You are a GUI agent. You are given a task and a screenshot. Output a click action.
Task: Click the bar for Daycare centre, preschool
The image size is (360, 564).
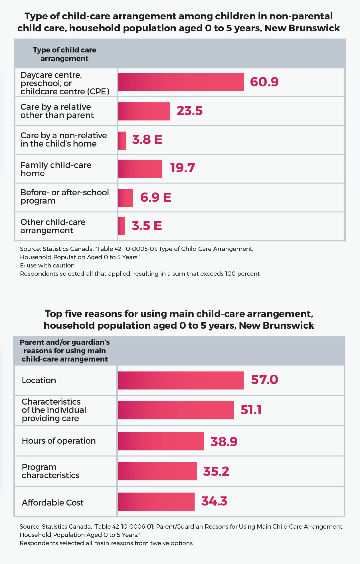pyautogui.click(x=181, y=82)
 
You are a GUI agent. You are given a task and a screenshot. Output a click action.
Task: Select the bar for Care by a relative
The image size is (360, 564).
pyautogui.click(x=144, y=111)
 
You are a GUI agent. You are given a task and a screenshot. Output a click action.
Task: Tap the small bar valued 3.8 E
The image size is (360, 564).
pyautogui.click(x=122, y=141)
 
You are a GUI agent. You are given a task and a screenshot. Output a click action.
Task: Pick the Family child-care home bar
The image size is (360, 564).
pyautogui.click(x=140, y=169)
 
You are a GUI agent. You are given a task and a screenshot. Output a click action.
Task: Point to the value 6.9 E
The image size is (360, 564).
pyautogui.click(x=155, y=197)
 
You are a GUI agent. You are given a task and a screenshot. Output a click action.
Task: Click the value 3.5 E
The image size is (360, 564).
pyautogui.click(x=147, y=226)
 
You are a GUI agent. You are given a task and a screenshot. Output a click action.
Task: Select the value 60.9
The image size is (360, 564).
pyautogui.click(x=264, y=82)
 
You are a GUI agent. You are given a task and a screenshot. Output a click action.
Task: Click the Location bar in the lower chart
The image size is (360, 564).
pyautogui.click(x=181, y=380)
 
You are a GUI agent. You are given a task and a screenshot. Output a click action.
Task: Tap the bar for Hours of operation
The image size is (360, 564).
pyautogui.click(x=161, y=441)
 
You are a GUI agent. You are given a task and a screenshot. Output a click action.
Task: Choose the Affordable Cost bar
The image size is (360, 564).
pyautogui.click(x=156, y=502)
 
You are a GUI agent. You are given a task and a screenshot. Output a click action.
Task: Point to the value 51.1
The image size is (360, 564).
pyautogui.click(x=251, y=410)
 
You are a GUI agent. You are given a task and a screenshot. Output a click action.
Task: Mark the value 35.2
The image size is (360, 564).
pyautogui.click(x=216, y=471)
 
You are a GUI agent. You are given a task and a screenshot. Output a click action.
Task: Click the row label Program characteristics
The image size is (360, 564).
pyautogui.click(x=50, y=471)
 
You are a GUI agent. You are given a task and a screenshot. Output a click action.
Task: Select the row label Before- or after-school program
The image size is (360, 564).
pyautogui.click(x=64, y=196)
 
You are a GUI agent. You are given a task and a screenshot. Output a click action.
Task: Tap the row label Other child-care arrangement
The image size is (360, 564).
pyautogui.click(x=53, y=226)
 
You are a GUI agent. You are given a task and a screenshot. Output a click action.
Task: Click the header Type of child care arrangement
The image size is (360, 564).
pyautogui.click(x=64, y=54)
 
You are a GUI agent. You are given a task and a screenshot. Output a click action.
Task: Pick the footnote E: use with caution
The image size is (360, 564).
pyautogui.click(x=47, y=265)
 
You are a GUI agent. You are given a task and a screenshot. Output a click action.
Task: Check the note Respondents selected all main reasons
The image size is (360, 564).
pyautogui.click(x=106, y=543)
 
